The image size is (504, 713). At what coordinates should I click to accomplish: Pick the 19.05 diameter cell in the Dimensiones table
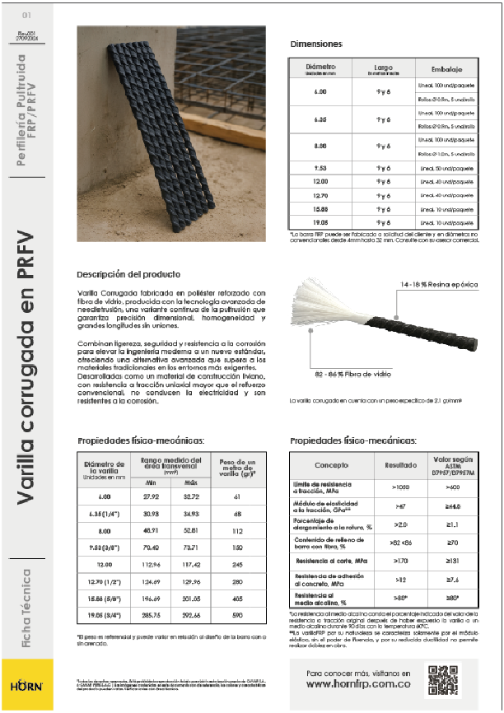coord(320,222)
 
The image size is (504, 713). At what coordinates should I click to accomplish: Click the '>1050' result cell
coord(400,487)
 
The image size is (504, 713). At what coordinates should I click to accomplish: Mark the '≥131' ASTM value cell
coord(451,559)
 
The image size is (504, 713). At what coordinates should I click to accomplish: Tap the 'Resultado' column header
coord(400,465)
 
